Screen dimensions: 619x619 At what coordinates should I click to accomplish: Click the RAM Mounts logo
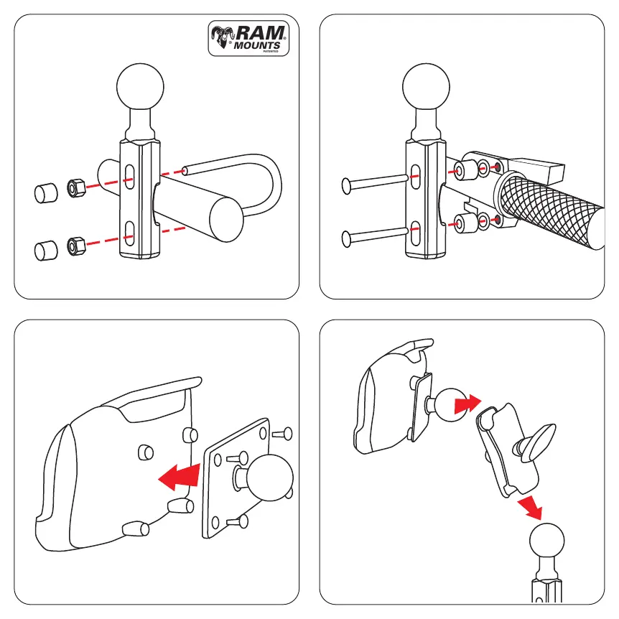click(248, 38)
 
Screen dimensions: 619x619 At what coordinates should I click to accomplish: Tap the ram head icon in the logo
click(223, 37)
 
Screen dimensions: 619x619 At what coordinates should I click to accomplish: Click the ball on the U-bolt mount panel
click(140, 87)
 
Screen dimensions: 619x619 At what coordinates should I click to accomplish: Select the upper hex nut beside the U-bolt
click(76, 188)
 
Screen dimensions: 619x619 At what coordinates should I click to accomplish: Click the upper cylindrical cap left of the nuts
click(46, 193)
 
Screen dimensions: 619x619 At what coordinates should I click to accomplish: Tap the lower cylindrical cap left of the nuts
click(46, 251)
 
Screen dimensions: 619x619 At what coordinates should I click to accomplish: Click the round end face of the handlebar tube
click(226, 220)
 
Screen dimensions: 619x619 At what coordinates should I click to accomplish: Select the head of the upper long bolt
click(346, 186)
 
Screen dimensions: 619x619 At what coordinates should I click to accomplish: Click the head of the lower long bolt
click(346, 239)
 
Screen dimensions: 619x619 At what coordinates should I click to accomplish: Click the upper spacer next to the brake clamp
click(465, 170)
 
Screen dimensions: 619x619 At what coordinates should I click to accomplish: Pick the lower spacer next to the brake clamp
click(465, 223)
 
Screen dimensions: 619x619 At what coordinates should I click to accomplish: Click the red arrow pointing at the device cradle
click(180, 478)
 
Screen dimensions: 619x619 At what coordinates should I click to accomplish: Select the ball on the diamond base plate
click(270, 478)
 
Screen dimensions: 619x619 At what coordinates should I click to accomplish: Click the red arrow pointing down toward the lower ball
click(531, 508)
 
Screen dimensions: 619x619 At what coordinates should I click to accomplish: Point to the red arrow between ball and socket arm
click(467, 404)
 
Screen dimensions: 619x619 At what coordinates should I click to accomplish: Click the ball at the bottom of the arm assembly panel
click(546, 540)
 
